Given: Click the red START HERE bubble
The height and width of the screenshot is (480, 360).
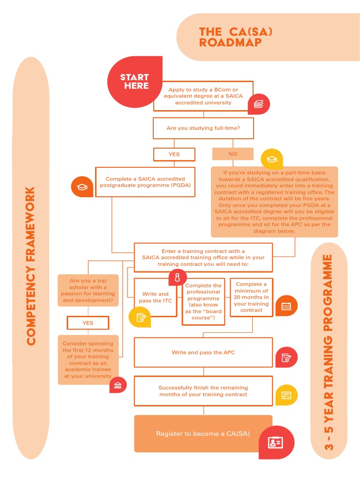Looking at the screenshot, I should [x=135, y=82].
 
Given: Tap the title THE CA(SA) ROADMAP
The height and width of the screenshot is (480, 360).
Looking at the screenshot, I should [x=236, y=37].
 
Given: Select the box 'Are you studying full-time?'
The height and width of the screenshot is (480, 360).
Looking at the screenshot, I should [x=203, y=127].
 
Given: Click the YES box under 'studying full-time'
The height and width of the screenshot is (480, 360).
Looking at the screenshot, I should [x=174, y=154].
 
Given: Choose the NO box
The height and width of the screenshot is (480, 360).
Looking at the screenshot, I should [x=232, y=154].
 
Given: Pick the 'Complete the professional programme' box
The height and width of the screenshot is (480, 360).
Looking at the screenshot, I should [x=203, y=301].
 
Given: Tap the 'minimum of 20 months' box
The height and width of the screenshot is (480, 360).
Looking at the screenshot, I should [x=251, y=297].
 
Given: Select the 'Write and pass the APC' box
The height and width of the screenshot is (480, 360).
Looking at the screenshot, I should [x=203, y=352].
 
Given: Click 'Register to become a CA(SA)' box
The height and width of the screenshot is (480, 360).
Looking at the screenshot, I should [x=202, y=434].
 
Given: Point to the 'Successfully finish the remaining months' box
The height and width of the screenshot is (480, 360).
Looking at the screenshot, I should [x=203, y=391].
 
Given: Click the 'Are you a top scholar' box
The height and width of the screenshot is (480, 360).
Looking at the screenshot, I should [x=88, y=290].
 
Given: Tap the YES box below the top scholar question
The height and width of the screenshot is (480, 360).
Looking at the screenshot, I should [x=88, y=323].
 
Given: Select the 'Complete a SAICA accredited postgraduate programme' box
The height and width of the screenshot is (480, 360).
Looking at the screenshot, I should [x=145, y=182].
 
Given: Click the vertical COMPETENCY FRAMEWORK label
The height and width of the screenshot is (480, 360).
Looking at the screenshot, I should [x=31, y=266].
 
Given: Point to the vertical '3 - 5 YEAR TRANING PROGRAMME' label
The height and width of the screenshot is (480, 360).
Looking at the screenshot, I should [x=329, y=352].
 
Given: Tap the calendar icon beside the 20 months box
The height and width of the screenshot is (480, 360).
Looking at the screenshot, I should [x=286, y=307].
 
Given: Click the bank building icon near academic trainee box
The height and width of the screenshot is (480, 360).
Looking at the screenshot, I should [x=118, y=385].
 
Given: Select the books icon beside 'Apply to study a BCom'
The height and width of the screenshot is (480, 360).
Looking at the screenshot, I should [x=259, y=105].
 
